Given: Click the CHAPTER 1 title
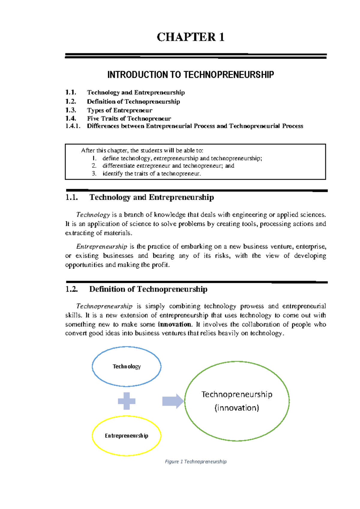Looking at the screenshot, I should [x=190, y=37].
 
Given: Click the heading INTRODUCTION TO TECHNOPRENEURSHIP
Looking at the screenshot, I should [x=190, y=75].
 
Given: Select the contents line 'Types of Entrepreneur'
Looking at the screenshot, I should [x=119, y=110].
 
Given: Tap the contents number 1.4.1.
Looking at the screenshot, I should [x=73, y=126].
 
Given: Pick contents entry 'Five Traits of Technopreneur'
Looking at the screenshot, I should [x=129, y=119].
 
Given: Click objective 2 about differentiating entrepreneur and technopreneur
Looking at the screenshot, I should [x=168, y=166].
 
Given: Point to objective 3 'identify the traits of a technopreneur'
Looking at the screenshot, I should [x=151, y=173].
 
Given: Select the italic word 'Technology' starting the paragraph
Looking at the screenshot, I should [x=93, y=215].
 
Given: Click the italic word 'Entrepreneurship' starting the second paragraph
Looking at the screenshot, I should [x=102, y=247].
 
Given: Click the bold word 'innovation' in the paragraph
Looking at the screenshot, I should [x=174, y=324].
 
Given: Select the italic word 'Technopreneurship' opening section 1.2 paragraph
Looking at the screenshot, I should [x=104, y=306].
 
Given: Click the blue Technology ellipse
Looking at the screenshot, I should [x=127, y=366].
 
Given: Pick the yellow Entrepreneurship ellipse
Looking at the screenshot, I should [x=127, y=436].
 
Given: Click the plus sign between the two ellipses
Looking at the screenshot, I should [x=127, y=401].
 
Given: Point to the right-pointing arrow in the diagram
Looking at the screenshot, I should [x=173, y=401].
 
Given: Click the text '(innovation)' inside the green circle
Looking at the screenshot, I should [x=237, y=408].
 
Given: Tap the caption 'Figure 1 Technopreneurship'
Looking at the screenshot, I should [x=196, y=462].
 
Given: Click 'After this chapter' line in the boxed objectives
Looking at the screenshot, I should [x=142, y=151].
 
